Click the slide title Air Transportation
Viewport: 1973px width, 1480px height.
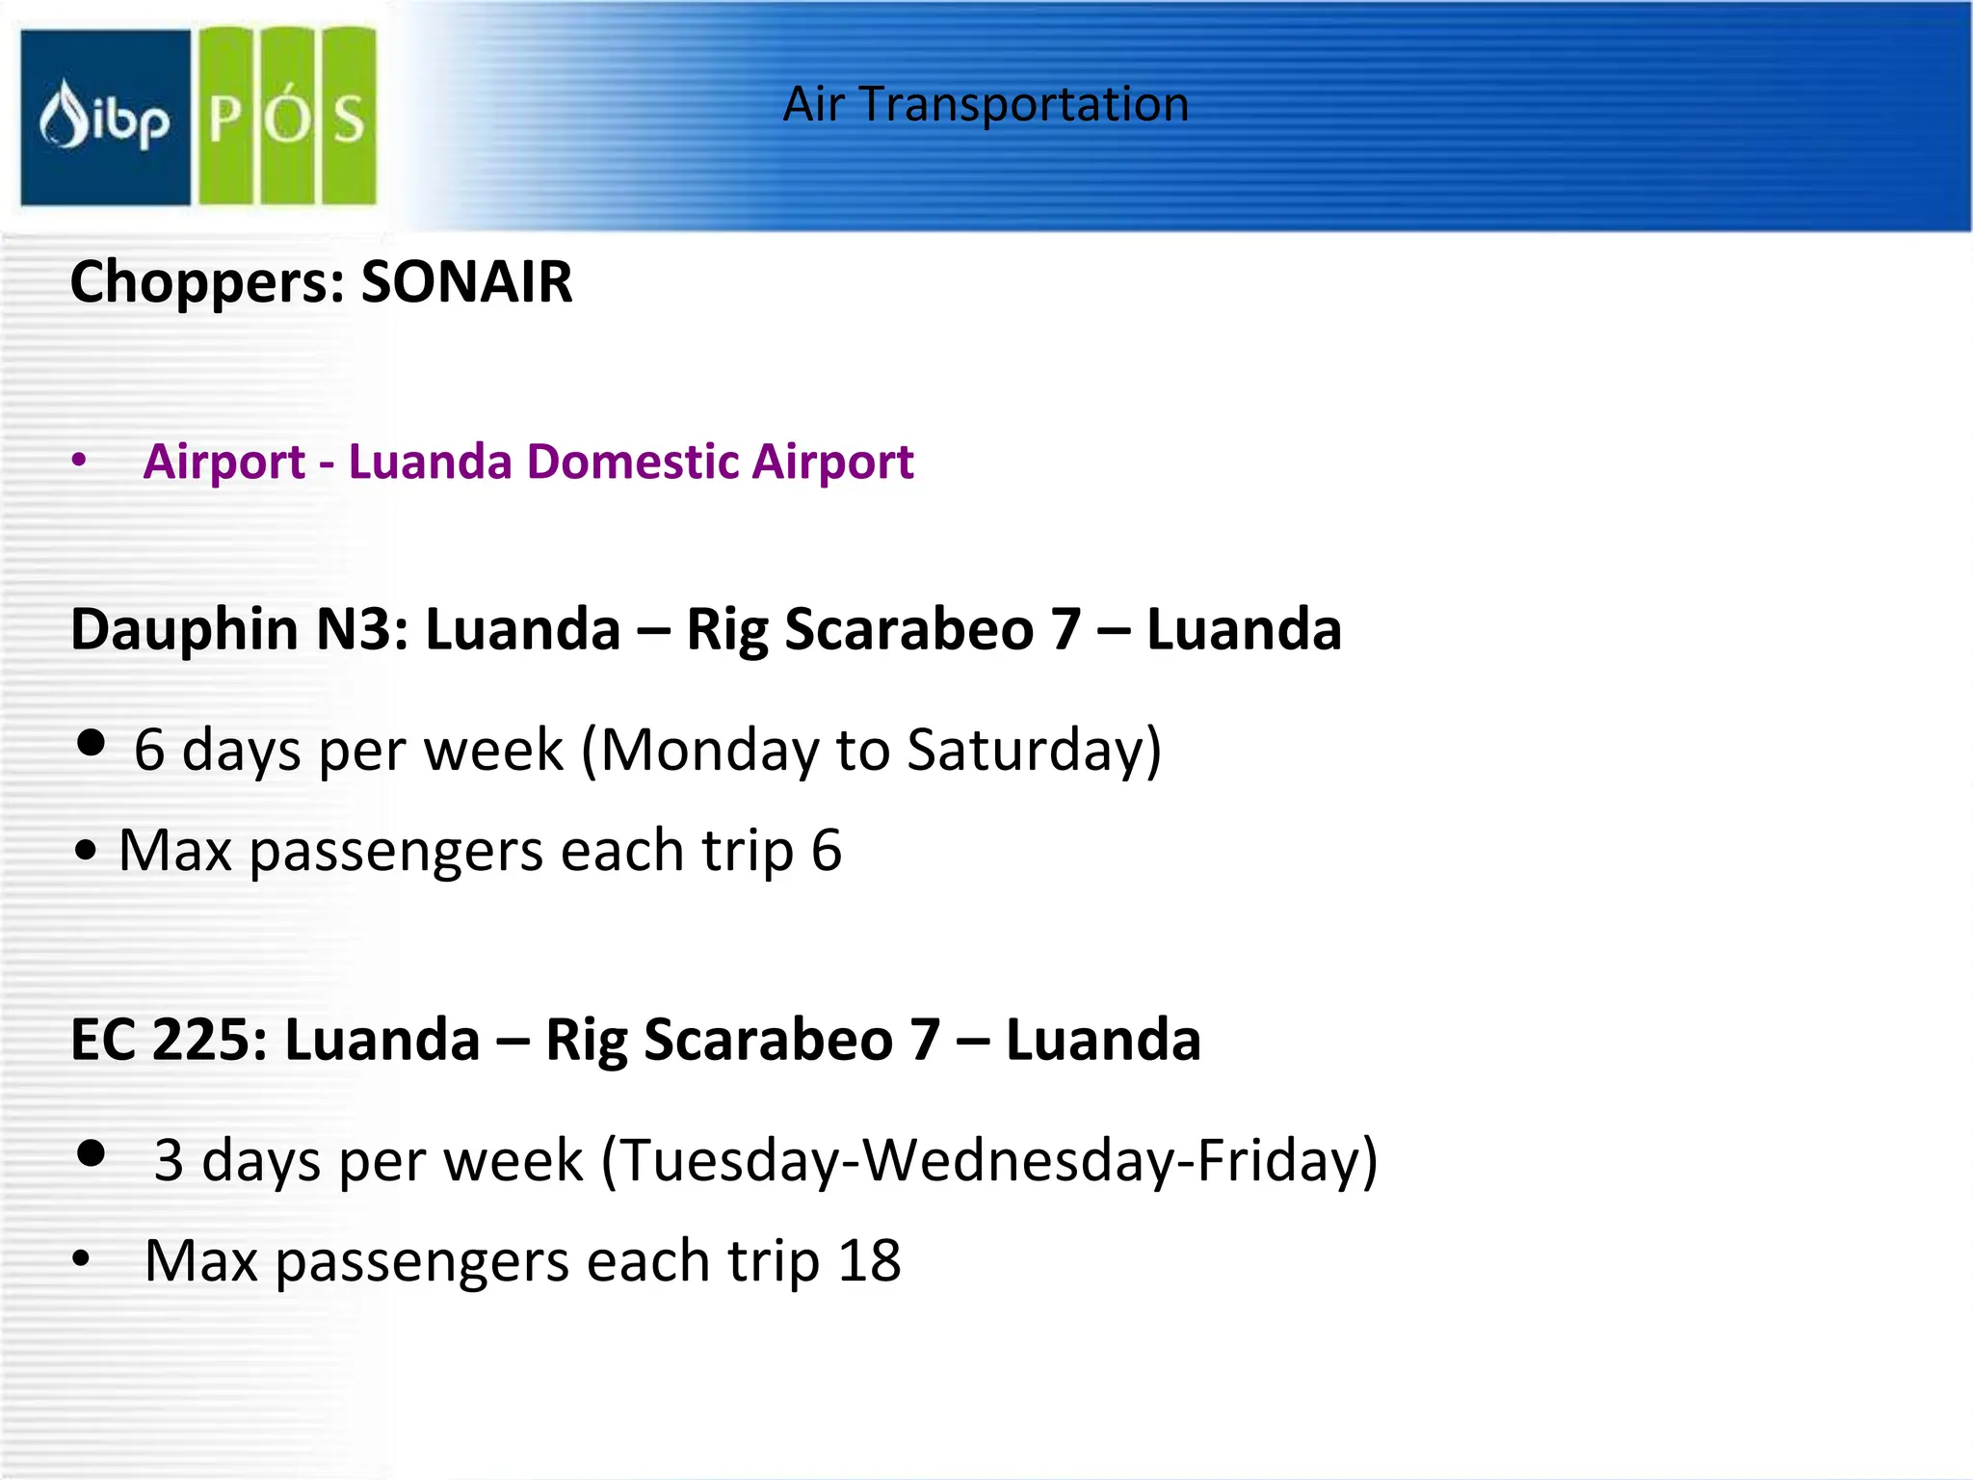(x=986, y=104)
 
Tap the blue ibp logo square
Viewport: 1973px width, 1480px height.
(x=105, y=118)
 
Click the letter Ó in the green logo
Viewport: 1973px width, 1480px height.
(x=288, y=118)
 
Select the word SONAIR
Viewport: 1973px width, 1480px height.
(x=466, y=282)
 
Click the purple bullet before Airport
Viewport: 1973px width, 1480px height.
(x=79, y=461)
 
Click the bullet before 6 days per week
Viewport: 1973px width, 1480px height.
(x=92, y=743)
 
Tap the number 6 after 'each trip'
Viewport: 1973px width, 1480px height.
(x=827, y=851)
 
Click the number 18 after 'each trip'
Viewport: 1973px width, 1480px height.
(x=869, y=1260)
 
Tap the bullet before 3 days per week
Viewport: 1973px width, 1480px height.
(x=92, y=1152)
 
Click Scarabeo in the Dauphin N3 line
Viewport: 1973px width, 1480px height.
(x=909, y=629)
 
